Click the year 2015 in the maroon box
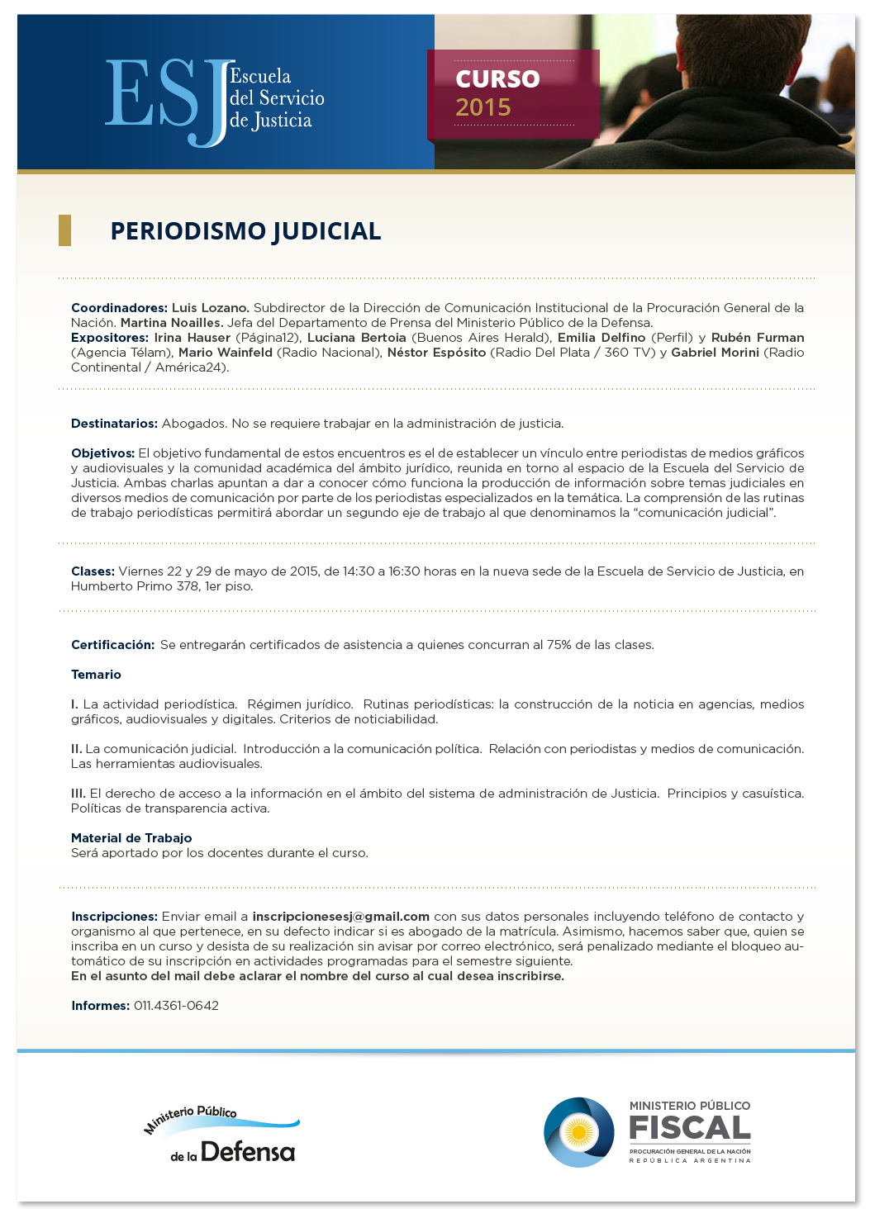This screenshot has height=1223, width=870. (x=483, y=107)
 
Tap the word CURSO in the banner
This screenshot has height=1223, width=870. (x=497, y=78)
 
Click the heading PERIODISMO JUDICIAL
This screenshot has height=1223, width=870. (x=245, y=231)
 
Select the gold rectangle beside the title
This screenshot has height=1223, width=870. (x=64, y=230)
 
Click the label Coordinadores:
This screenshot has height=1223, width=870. (x=119, y=308)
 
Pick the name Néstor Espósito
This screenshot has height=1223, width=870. (x=436, y=353)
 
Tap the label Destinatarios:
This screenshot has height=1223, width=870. (x=114, y=424)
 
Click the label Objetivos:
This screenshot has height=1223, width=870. (x=102, y=453)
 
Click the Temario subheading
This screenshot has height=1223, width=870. (x=96, y=675)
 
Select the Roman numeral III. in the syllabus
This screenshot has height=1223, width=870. (x=78, y=794)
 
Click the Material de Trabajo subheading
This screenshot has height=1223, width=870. (x=131, y=838)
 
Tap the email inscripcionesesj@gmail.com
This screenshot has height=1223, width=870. (x=340, y=917)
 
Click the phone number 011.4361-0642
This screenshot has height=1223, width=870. (x=176, y=1006)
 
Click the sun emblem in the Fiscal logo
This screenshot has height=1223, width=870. (x=578, y=1132)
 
